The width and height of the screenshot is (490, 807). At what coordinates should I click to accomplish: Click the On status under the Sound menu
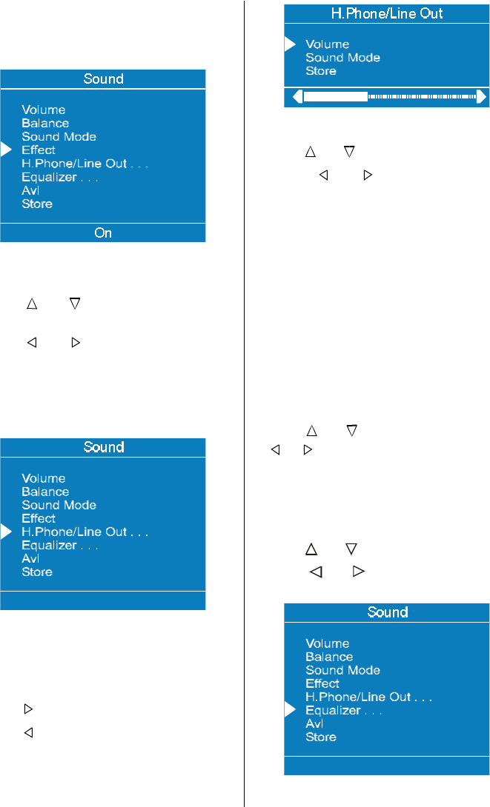click(103, 232)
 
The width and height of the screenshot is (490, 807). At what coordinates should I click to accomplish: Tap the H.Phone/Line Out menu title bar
click(386, 13)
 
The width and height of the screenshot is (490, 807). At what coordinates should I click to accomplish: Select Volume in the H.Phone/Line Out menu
click(327, 44)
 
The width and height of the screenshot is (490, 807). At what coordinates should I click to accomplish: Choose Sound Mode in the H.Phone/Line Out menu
click(342, 58)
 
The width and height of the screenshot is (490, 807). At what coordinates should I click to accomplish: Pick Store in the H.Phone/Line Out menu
click(321, 71)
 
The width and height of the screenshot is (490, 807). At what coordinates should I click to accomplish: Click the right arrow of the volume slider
click(482, 96)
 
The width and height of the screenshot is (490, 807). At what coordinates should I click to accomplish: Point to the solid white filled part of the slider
click(335, 96)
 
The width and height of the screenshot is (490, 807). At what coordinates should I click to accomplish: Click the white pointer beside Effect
click(6, 150)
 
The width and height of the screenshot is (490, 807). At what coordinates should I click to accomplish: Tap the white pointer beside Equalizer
click(290, 710)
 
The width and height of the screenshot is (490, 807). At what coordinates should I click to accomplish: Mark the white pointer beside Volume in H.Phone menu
click(290, 44)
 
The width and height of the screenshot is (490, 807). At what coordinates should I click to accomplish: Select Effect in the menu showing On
click(39, 150)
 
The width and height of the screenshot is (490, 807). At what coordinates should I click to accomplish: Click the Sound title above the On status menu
click(103, 78)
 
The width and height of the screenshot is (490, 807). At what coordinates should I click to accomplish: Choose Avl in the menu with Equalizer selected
click(314, 723)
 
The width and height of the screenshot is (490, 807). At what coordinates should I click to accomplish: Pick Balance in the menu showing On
click(45, 124)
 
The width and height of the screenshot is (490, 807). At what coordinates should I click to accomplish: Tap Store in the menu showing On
click(37, 204)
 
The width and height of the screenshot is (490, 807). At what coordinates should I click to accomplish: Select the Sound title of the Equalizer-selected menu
click(387, 612)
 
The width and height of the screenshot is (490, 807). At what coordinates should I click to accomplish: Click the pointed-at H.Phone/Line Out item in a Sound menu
click(85, 532)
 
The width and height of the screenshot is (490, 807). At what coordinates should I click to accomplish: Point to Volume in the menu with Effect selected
click(43, 110)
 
